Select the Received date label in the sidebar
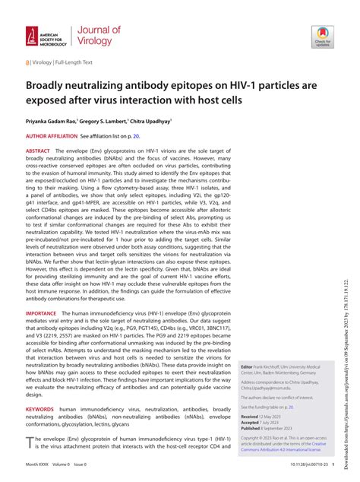click(251, 417)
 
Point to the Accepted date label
click(251, 423)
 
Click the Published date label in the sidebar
click(252, 429)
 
